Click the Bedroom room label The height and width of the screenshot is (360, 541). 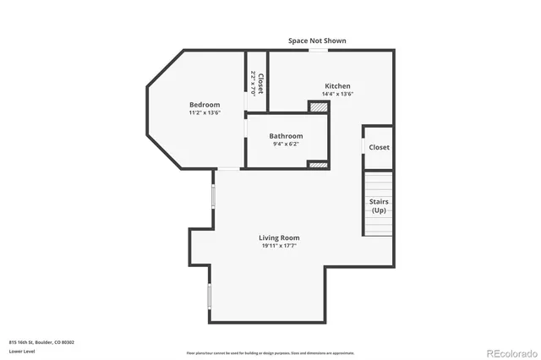click(205, 105)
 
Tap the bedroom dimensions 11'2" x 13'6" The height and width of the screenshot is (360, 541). click(205, 112)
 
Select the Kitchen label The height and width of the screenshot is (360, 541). click(337, 86)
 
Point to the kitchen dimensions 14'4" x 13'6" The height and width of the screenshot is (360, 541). click(337, 94)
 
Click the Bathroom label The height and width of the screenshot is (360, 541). click(286, 136)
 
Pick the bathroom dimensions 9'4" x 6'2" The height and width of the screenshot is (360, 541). click(286, 144)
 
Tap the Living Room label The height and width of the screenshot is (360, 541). click(279, 237)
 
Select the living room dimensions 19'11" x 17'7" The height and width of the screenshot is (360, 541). click(279, 246)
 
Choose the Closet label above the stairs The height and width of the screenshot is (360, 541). click(380, 147)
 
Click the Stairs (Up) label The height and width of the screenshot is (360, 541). click(379, 205)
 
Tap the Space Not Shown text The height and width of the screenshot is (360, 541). click(317, 41)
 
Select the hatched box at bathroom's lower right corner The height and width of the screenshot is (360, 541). click(318, 164)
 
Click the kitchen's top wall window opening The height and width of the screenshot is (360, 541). click(318, 51)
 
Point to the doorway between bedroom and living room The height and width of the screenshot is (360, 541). click(228, 169)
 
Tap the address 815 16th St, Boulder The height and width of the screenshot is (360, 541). click(42, 342)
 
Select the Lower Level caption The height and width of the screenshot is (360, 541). click(22, 351)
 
